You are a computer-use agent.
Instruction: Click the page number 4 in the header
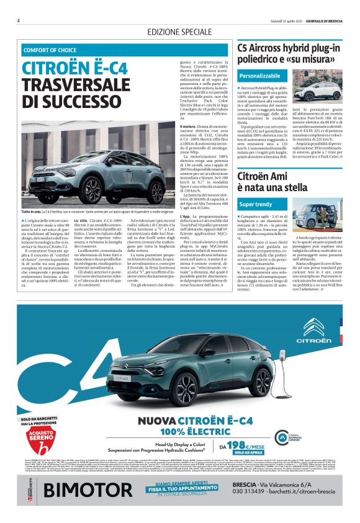point(18,20)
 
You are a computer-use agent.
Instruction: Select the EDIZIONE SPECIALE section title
point(179,32)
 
